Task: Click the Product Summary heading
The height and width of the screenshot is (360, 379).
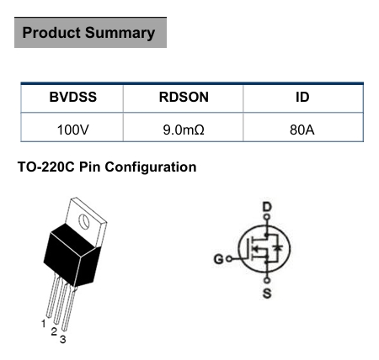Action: [x=88, y=33]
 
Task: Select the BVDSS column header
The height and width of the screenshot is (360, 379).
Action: [x=73, y=97]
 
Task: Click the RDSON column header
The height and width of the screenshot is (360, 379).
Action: [x=184, y=97]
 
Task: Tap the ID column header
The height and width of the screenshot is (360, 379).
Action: [x=302, y=97]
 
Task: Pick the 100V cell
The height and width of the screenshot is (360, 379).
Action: [x=73, y=130]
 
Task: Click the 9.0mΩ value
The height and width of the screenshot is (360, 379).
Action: [x=184, y=130]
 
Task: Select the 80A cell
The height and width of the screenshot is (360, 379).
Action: [x=302, y=130]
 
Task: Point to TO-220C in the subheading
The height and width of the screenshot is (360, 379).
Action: [x=46, y=167]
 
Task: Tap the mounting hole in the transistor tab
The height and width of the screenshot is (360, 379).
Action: [x=83, y=221]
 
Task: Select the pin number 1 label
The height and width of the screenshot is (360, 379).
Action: [x=44, y=324]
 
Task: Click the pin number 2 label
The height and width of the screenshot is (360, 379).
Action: [x=54, y=331]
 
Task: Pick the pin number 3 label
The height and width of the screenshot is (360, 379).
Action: [x=63, y=340]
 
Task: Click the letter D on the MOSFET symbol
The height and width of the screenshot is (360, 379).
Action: [x=267, y=207]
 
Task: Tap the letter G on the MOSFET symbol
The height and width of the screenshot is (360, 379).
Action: [x=219, y=259]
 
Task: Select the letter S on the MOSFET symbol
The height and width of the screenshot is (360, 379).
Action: [x=267, y=294]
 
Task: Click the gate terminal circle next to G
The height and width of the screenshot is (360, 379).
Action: [x=229, y=259]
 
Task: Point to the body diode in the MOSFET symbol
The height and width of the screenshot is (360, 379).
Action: [x=278, y=248]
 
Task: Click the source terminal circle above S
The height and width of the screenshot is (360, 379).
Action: [x=267, y=280]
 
